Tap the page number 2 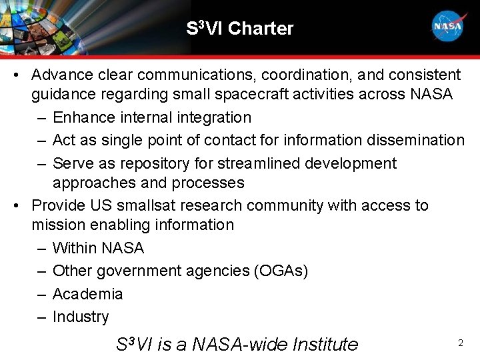(460, 343)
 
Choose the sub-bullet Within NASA (98, 249)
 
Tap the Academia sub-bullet (87, 294)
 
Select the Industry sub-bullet (80, 317)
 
